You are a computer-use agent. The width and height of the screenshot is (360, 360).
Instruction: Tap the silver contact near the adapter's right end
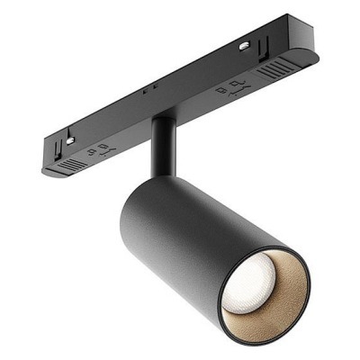pos(245,44)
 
